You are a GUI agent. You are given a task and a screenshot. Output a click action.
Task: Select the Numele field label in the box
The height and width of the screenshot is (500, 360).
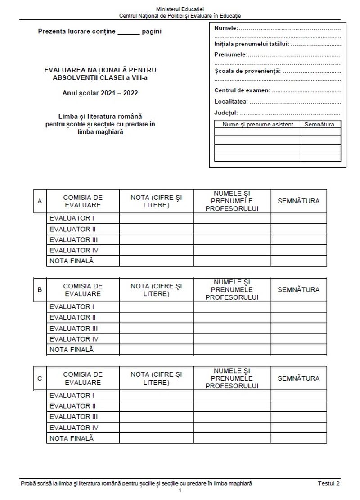225,28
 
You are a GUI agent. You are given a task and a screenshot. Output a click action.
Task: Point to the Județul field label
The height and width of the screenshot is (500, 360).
226,113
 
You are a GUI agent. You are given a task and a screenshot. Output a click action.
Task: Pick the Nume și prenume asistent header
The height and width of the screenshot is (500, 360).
258,124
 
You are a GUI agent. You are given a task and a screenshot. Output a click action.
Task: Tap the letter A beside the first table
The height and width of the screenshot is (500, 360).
40,201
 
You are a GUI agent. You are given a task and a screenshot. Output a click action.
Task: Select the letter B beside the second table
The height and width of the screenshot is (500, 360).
40,290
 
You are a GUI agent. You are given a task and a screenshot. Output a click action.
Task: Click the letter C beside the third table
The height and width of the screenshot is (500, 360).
40,378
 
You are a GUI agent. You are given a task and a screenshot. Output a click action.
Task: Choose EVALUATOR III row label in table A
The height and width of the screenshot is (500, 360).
73,240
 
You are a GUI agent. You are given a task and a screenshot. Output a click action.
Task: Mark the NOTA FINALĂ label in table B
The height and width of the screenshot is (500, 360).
72,350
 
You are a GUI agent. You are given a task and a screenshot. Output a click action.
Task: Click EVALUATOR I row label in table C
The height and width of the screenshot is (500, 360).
72,396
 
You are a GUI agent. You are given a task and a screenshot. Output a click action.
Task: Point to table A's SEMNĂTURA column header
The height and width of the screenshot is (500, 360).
298,201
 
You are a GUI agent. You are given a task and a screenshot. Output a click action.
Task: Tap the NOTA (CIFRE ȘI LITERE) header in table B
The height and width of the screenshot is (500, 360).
156,290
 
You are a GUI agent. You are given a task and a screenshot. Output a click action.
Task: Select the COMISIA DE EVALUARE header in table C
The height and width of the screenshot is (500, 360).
83,378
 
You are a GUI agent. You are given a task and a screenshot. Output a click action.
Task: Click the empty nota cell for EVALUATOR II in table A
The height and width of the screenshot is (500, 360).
156,229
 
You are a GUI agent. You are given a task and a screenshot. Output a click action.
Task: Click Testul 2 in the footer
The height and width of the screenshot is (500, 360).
328,483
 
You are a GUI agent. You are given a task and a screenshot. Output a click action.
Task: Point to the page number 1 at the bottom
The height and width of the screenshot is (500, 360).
180,491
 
